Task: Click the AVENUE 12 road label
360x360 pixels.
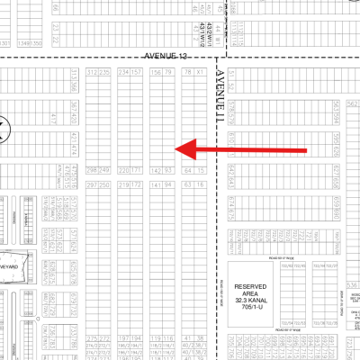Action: coord(168,57)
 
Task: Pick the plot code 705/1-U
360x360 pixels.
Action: coord(254,308)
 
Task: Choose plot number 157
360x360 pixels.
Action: coord(137,72)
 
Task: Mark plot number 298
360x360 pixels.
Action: coord(91,169)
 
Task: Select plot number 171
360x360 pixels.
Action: coord(137,169)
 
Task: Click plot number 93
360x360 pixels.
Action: coord(166,169)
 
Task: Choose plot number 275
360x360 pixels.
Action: coord(91,338)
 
